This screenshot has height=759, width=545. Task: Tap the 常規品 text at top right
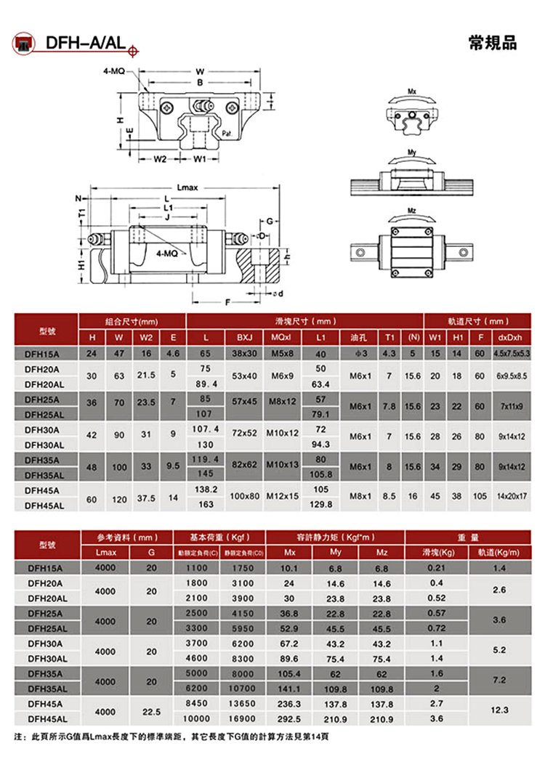tap(493, 44)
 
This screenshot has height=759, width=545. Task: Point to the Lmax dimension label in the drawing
tap(189, 187)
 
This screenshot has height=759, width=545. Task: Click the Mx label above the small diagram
tap(412, 92)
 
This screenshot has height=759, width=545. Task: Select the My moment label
tap(412, 153)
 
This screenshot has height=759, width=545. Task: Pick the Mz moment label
tap(412, 211)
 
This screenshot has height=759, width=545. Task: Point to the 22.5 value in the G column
tap(150, 710)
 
